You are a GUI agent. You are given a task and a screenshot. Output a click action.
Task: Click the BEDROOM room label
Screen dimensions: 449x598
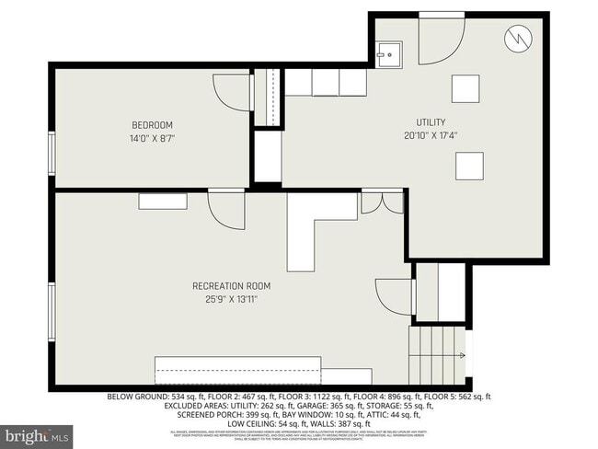(x=152, y=125)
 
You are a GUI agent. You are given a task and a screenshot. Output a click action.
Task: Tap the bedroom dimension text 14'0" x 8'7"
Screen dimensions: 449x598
(x=152, y=138)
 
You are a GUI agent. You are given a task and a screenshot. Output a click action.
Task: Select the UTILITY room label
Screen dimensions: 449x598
(x=430, y=122)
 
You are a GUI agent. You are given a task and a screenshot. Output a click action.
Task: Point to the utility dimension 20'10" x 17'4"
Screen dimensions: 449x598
(x=430, y=135)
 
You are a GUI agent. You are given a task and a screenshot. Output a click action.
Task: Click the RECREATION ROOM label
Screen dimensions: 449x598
(x=232, y=286)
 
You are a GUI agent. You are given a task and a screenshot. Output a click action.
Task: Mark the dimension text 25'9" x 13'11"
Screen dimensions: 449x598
(x=232, y=298)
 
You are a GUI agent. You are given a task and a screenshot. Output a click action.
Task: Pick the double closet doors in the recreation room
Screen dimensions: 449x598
(x=382, y=202)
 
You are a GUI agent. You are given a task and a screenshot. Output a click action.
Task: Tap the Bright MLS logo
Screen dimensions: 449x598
(x=38, y=432)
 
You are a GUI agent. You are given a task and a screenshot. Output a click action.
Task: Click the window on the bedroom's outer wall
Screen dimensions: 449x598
(x=52, y=153)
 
